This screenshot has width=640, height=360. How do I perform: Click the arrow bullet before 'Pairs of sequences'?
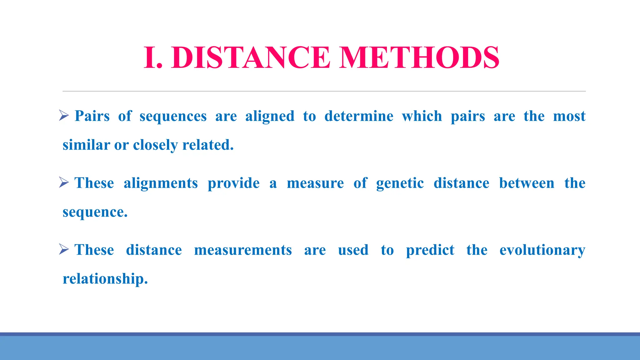point(64,116)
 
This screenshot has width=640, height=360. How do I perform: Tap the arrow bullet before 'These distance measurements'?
point(64,249)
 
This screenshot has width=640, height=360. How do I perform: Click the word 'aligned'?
point(270,116)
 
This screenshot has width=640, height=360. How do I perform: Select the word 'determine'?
point(359,116)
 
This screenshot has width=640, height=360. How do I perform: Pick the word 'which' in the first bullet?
point(422,116)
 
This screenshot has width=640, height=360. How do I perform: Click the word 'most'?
point(569,116)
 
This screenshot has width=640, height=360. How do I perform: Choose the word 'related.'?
point(208,145)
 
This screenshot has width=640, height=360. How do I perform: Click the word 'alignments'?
point(161,183)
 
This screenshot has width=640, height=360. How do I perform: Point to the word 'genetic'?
point(400,183)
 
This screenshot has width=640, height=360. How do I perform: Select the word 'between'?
point(527,183)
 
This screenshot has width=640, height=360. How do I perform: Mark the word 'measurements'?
point(243,250)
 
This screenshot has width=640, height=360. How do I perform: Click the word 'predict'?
point(430,250)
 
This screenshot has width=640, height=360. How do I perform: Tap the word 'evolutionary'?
point(542,250)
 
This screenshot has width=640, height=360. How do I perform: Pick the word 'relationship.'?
point(105,279)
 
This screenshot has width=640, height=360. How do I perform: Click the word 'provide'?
point(233,183)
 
